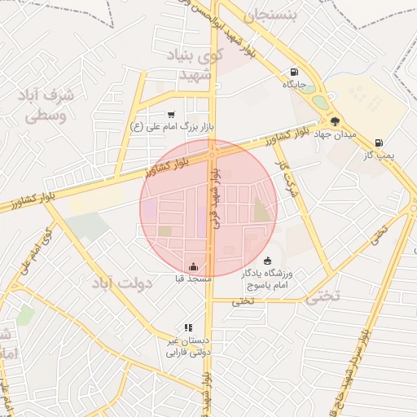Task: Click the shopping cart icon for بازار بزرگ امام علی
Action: (170, 115)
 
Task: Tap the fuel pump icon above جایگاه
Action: (293, 72)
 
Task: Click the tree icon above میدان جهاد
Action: (335, 121)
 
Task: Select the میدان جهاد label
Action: (334, 133)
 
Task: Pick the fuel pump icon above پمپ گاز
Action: (379, 143)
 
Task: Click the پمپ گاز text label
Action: (379, 155)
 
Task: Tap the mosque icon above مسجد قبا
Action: (193, 266)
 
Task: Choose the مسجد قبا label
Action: (193, 279)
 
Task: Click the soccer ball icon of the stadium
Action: (268, 261)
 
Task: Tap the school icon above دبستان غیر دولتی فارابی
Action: (189, 327)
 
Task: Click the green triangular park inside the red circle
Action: (261, 210)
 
